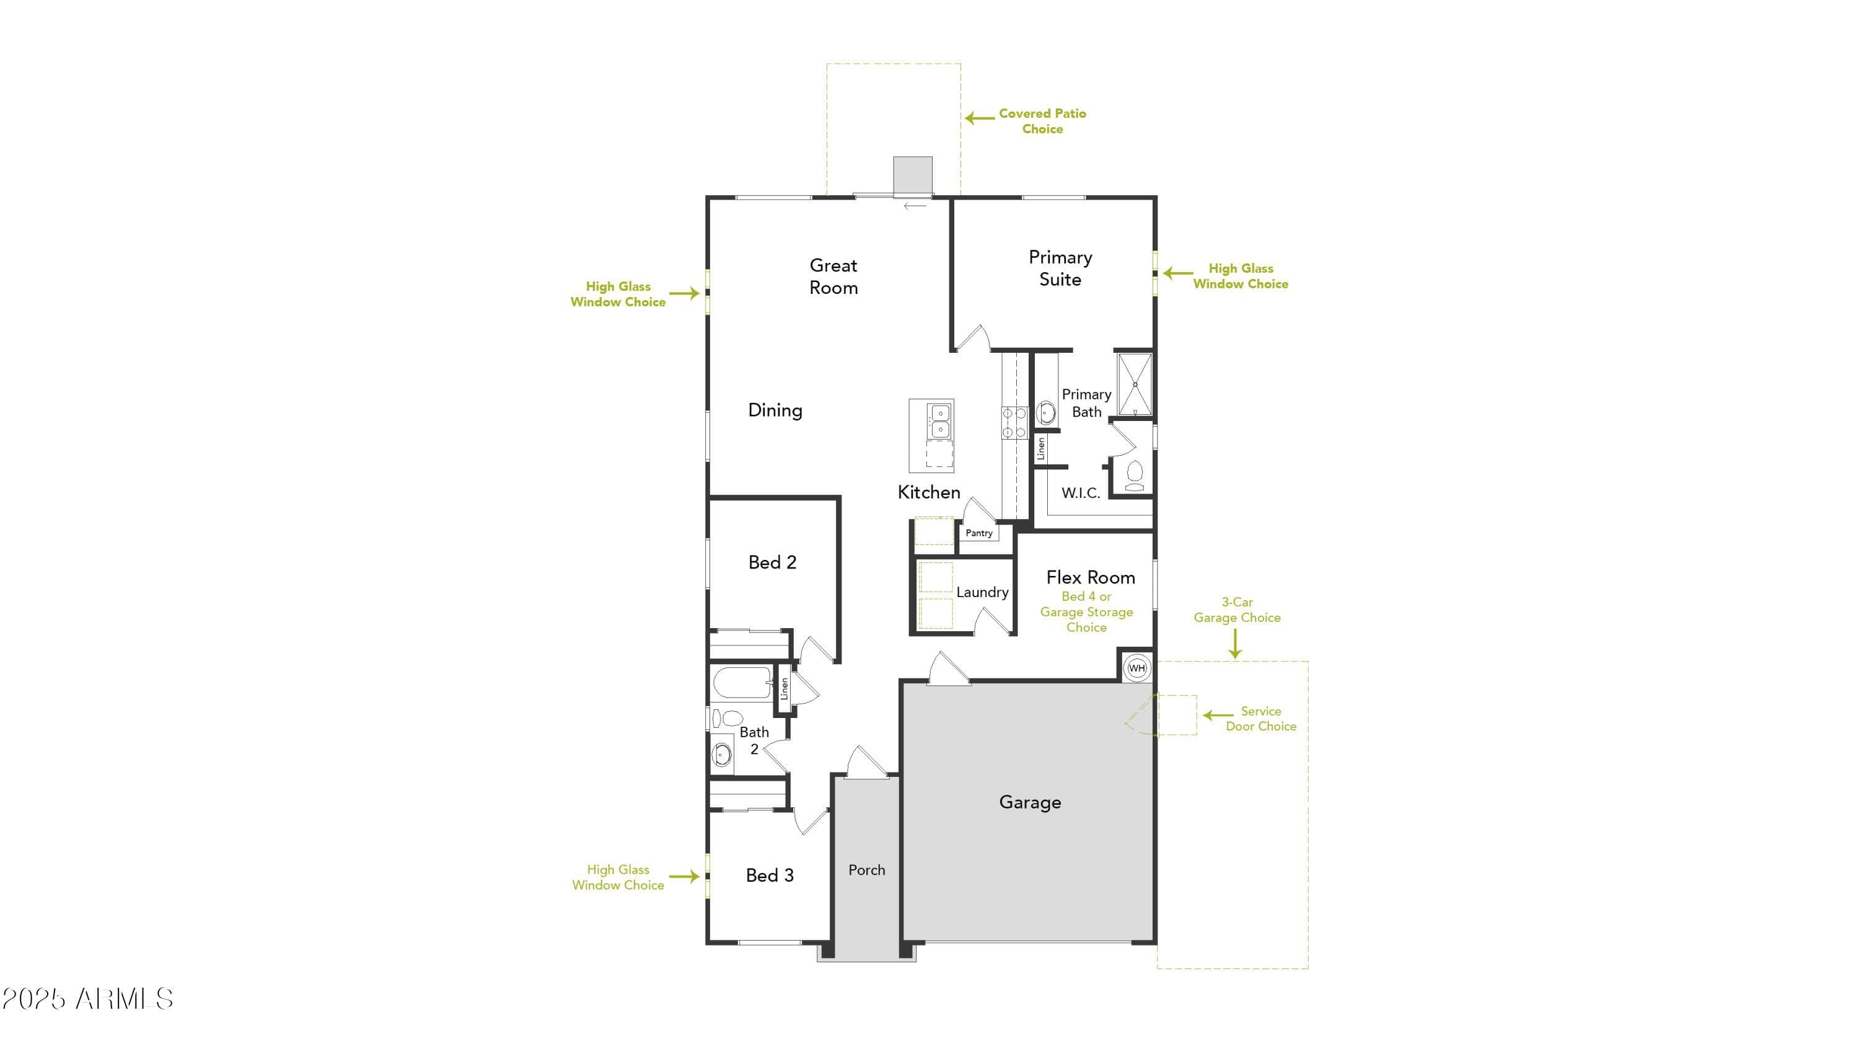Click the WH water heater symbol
tap(1136, 668)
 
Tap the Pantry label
tap(978, 533)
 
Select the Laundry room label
tap(982, 592)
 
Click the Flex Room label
tap(1091, 577)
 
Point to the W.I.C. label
tap(1080, 493)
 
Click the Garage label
tap(1030, 802)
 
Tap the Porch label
tap(867, 870)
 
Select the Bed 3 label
tap(769, 875)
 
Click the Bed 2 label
tap(772, 562)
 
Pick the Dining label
tap(775, 410)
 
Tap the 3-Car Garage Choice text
tap(1237, 610)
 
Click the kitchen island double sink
tap(939, 421)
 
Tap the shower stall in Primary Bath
tap(1135, 384)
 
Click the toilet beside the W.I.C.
tap(1135, 475)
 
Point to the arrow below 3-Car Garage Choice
tap(1236, 643)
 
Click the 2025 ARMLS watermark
tap(87, 999)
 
